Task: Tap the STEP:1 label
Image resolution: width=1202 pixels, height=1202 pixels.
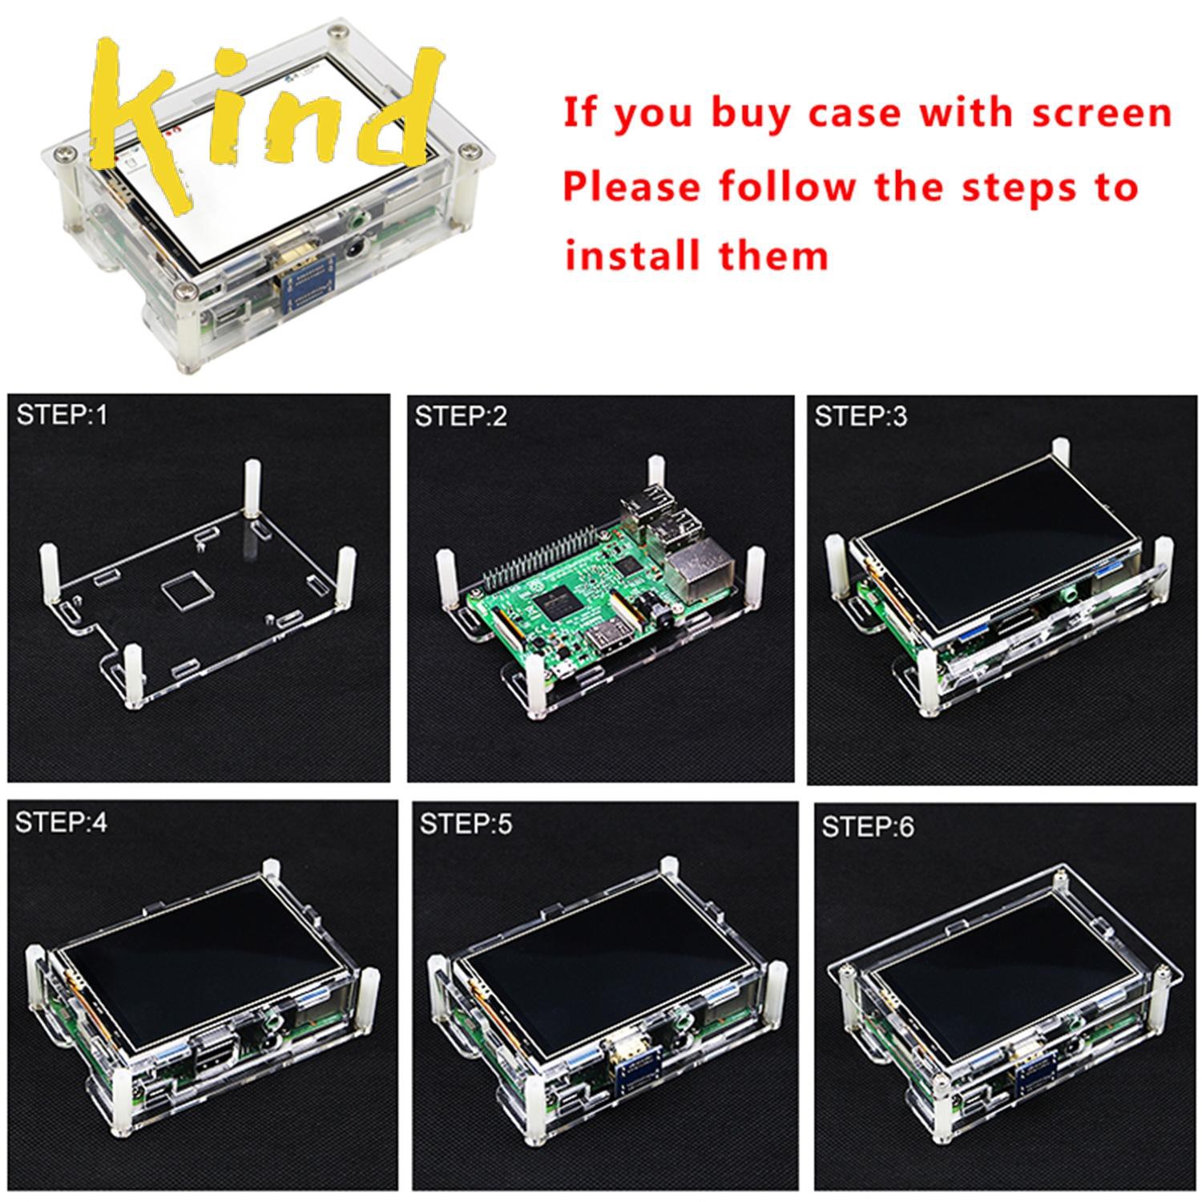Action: (x=62, y=415)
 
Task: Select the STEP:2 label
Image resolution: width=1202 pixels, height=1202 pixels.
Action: (x=461, y=417)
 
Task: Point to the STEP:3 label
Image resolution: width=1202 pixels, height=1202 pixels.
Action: (x=861, y=417)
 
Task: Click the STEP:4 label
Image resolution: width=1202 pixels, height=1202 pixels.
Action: (x=62, y=822)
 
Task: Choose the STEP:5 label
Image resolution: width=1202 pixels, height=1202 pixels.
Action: (x=466, y=824)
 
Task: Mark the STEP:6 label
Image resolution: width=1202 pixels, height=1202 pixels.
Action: (x=867, y=827)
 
